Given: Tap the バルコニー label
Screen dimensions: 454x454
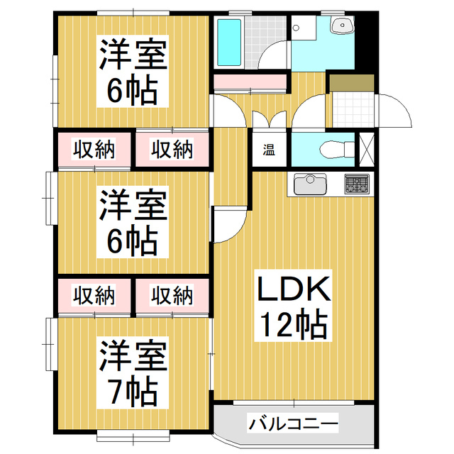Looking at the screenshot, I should [x=293, y=425].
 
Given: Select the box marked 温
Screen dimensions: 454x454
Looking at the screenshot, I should [x=270, y=150].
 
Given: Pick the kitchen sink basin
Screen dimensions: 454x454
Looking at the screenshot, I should [x=309, y=185].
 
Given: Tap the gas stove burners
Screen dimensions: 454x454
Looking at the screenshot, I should [x=357, y=184].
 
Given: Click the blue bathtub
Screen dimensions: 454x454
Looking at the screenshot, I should [x=229, y=42].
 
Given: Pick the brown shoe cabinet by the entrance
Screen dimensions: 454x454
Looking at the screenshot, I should [x=351, y=82].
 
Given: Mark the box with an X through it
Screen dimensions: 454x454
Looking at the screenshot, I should [x=368, y=150].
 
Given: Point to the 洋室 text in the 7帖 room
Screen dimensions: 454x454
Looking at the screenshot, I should [x=133, y=355].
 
